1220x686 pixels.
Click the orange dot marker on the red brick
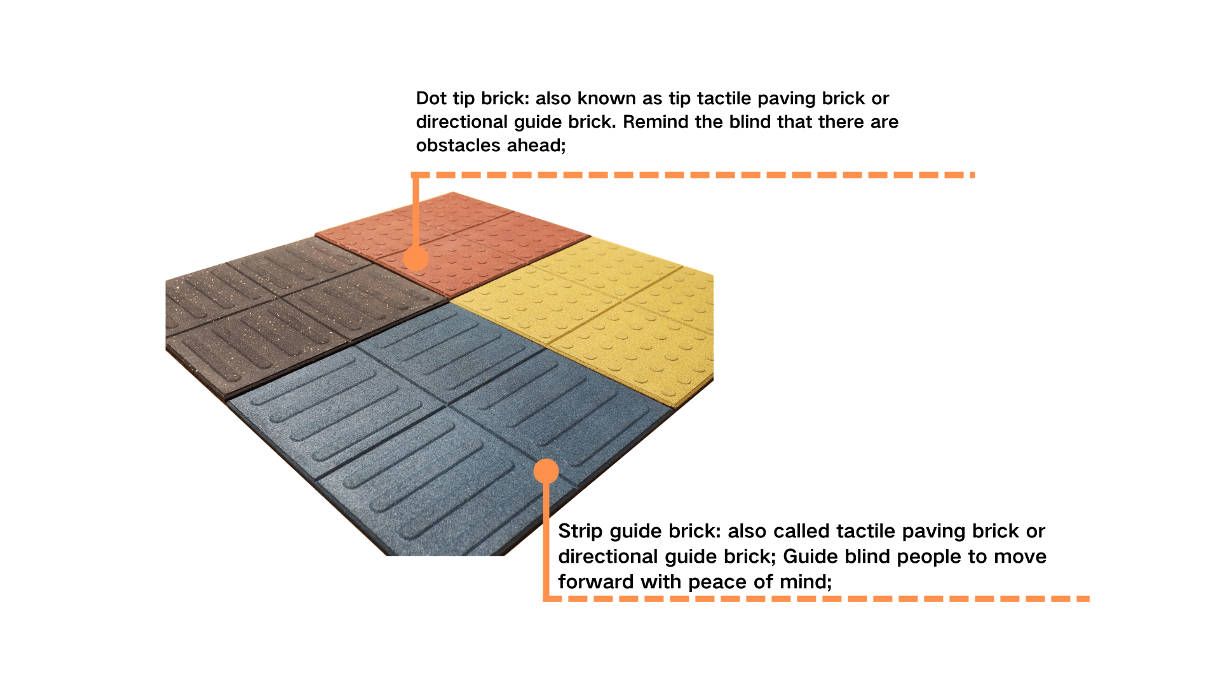pos(416,259)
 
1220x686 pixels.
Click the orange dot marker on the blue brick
pos(546,471)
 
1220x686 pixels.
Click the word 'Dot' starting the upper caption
pos(431,98)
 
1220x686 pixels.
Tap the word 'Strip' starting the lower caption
pos(579,531)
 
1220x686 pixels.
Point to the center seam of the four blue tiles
pos(449,405)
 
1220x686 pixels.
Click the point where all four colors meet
pos(450,300)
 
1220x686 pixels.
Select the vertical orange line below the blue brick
pos(546,540)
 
